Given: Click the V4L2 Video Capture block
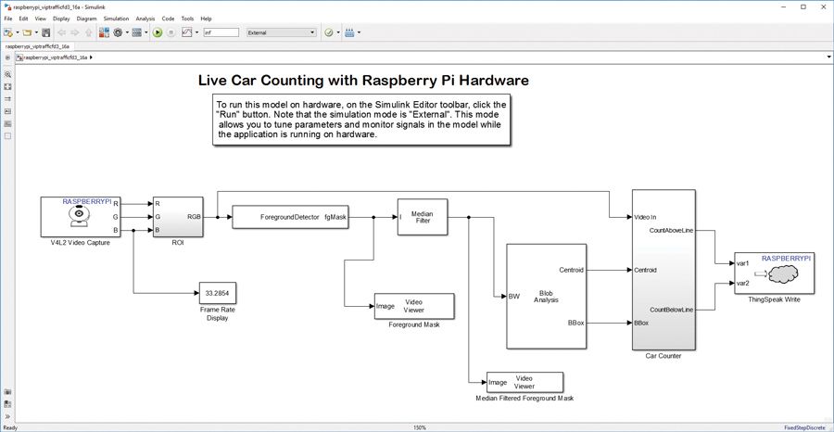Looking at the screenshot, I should click(82, 217).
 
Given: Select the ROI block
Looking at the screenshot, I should click(178, 216).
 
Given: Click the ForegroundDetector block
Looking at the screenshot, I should click(290, 216).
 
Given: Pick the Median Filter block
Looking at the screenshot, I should click(422, 216).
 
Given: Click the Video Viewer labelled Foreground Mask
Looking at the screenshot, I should click(412, 305).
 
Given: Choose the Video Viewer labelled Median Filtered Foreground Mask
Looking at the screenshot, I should click(525, 382).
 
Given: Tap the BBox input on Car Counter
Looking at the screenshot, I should click(641, 324).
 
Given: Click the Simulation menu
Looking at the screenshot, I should click(116, 18).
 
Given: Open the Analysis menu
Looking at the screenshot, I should click(145, 18).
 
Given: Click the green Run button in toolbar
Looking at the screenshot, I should click(158, 32).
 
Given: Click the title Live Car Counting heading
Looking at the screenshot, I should click(363, 81).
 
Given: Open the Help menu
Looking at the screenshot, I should click(206, 18).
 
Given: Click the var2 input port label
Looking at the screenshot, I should click(743, 283).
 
